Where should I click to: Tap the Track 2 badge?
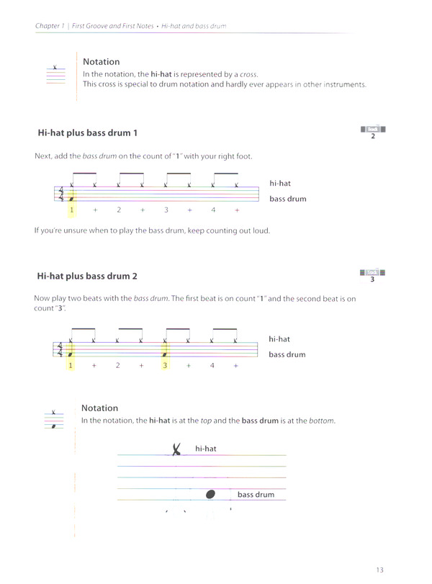[x=372, y=131]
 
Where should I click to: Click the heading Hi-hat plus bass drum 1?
[x=87, y=133]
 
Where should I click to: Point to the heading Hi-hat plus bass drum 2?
[x=87, y=276]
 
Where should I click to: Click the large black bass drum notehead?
[x=210, y=494]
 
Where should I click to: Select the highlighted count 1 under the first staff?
[x=71, y=210]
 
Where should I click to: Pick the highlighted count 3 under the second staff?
[x=165, y=365]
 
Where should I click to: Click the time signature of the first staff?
[x=60, y=194]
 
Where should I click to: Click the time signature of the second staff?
[x=60, y=349]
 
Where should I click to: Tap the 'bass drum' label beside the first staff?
[x=287, y=199]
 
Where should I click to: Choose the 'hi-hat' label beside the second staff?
[x=279, y=338]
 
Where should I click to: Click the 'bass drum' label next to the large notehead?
[x=256, y=495]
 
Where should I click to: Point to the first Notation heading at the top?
[x=101, y=62]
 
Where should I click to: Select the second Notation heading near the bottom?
[x=99, y=408]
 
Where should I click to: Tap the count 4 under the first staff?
[x=212, y=210]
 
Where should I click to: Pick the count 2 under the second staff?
[x=117, y=365]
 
